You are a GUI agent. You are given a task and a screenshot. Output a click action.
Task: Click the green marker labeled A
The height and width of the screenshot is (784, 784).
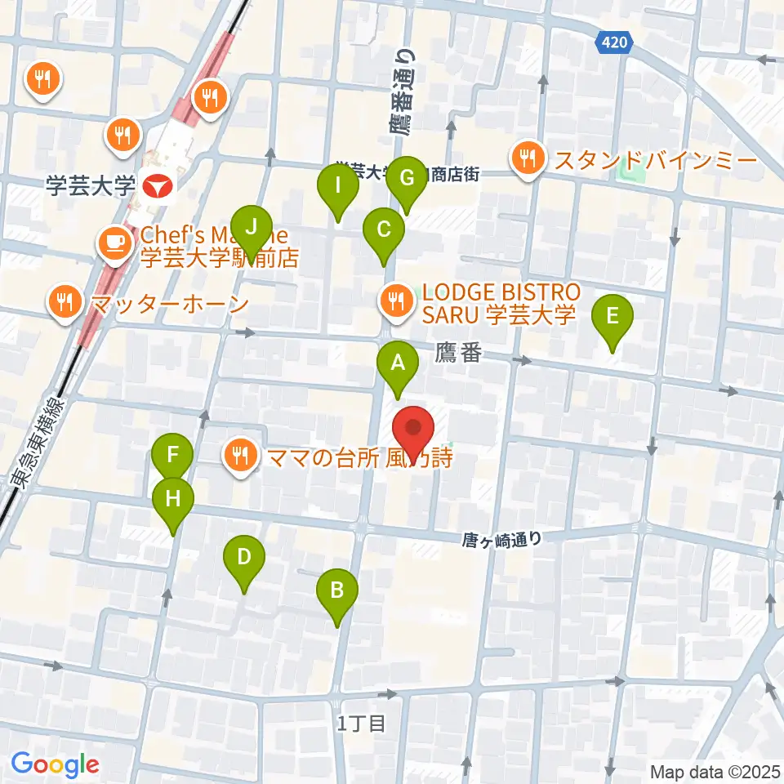[x=398, y=363]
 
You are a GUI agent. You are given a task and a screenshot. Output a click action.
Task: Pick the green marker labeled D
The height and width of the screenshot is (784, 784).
[x=243, y=559]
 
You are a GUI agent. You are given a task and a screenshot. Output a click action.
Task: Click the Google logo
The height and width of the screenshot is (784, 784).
[x=55, y=764]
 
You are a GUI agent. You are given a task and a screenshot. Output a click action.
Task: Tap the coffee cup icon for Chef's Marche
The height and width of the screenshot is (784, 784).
[x=113, y=243]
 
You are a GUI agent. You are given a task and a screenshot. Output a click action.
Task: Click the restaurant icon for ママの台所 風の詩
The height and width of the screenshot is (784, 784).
[x=239, y=453]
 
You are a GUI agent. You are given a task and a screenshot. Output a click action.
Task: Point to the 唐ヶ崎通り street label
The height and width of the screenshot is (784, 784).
[x=501, y=538]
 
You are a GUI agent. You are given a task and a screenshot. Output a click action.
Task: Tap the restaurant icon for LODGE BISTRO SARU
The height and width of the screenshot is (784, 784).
[x=395, y=298]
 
